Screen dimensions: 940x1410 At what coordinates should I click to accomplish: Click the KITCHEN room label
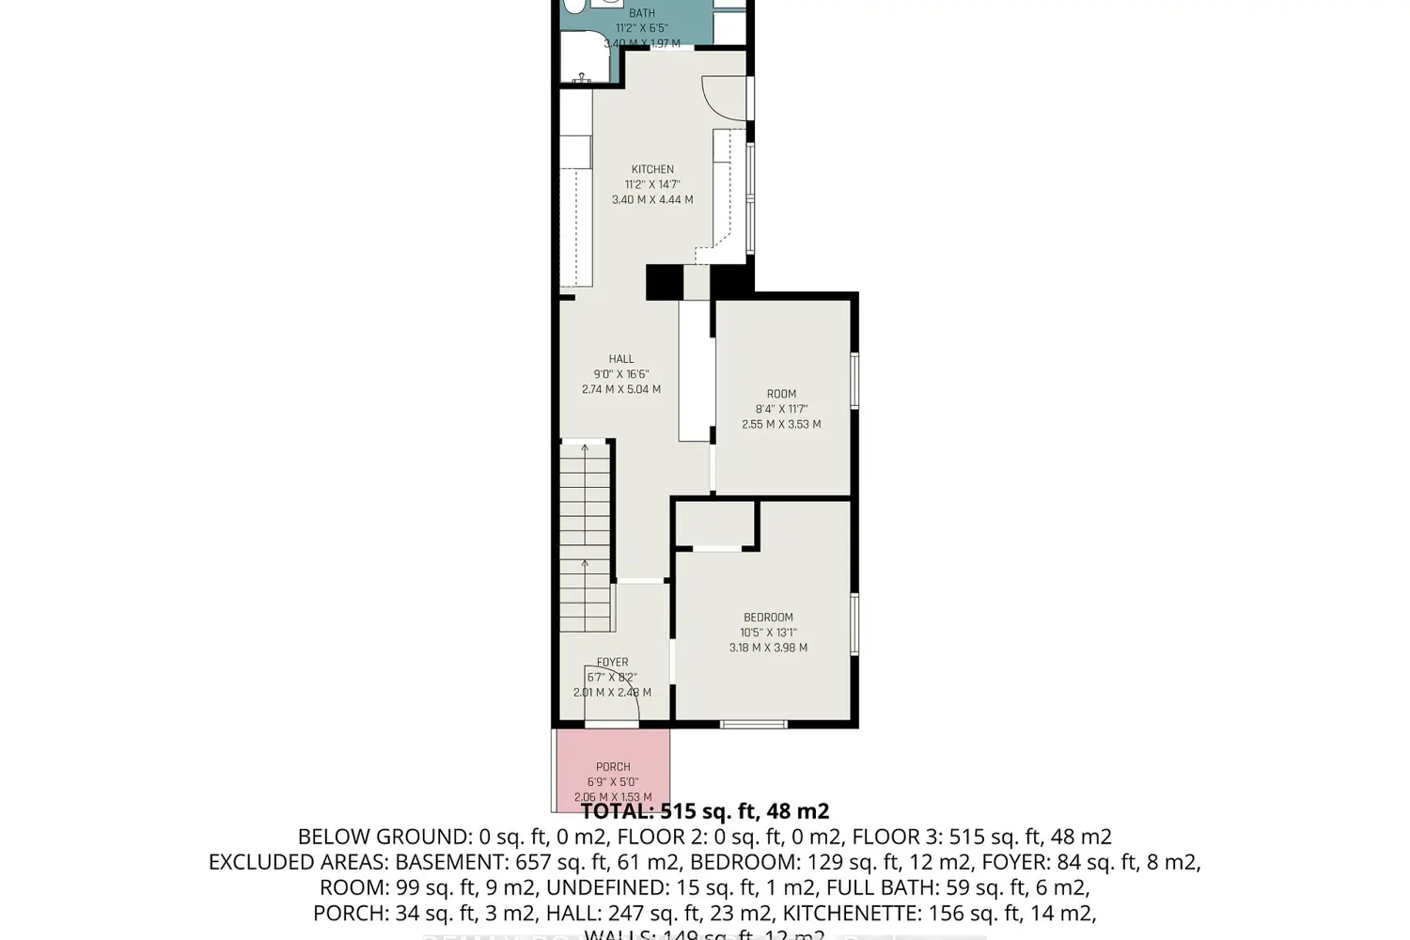pyautogui.click(x=652, y=169)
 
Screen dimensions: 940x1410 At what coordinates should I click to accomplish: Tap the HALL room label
pyautogui.click(x=621, y=359)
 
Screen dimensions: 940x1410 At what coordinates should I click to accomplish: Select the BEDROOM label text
pyautogui.click(x=768, y=618)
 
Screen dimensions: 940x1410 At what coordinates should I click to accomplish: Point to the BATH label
pyautogui.click(x=642, y=13)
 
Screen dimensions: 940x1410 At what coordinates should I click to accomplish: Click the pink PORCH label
pyautogui.click(x=613, y=767)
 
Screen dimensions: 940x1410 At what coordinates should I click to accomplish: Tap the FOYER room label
pyautogui.click(x=612, y=663)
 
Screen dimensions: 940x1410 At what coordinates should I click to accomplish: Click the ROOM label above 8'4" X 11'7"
pyautogui.click(x=781, y=394)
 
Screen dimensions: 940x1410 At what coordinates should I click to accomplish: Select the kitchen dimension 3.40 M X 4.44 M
pyautogui.click(x=652, y=200)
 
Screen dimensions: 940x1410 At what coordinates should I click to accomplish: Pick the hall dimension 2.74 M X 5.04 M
pyautogui.click(x=621, y=389)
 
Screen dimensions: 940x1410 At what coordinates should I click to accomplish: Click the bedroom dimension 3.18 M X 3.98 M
pyautogui.click(x=768, y=648)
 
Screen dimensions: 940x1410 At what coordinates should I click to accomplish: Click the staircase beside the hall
pyautogui.click(x=586, y=536)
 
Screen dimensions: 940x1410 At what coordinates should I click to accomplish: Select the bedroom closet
pyautogui.click(x=717, y=524)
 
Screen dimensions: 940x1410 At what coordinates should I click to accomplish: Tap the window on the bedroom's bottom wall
pyautogui.click(x=753, y=724)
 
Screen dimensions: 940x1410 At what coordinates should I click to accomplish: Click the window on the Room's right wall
pyautogui.click(x=854, y=380)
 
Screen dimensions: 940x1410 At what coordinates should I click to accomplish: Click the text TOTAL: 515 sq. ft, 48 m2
pyautogui.click(x=705, y=811)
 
